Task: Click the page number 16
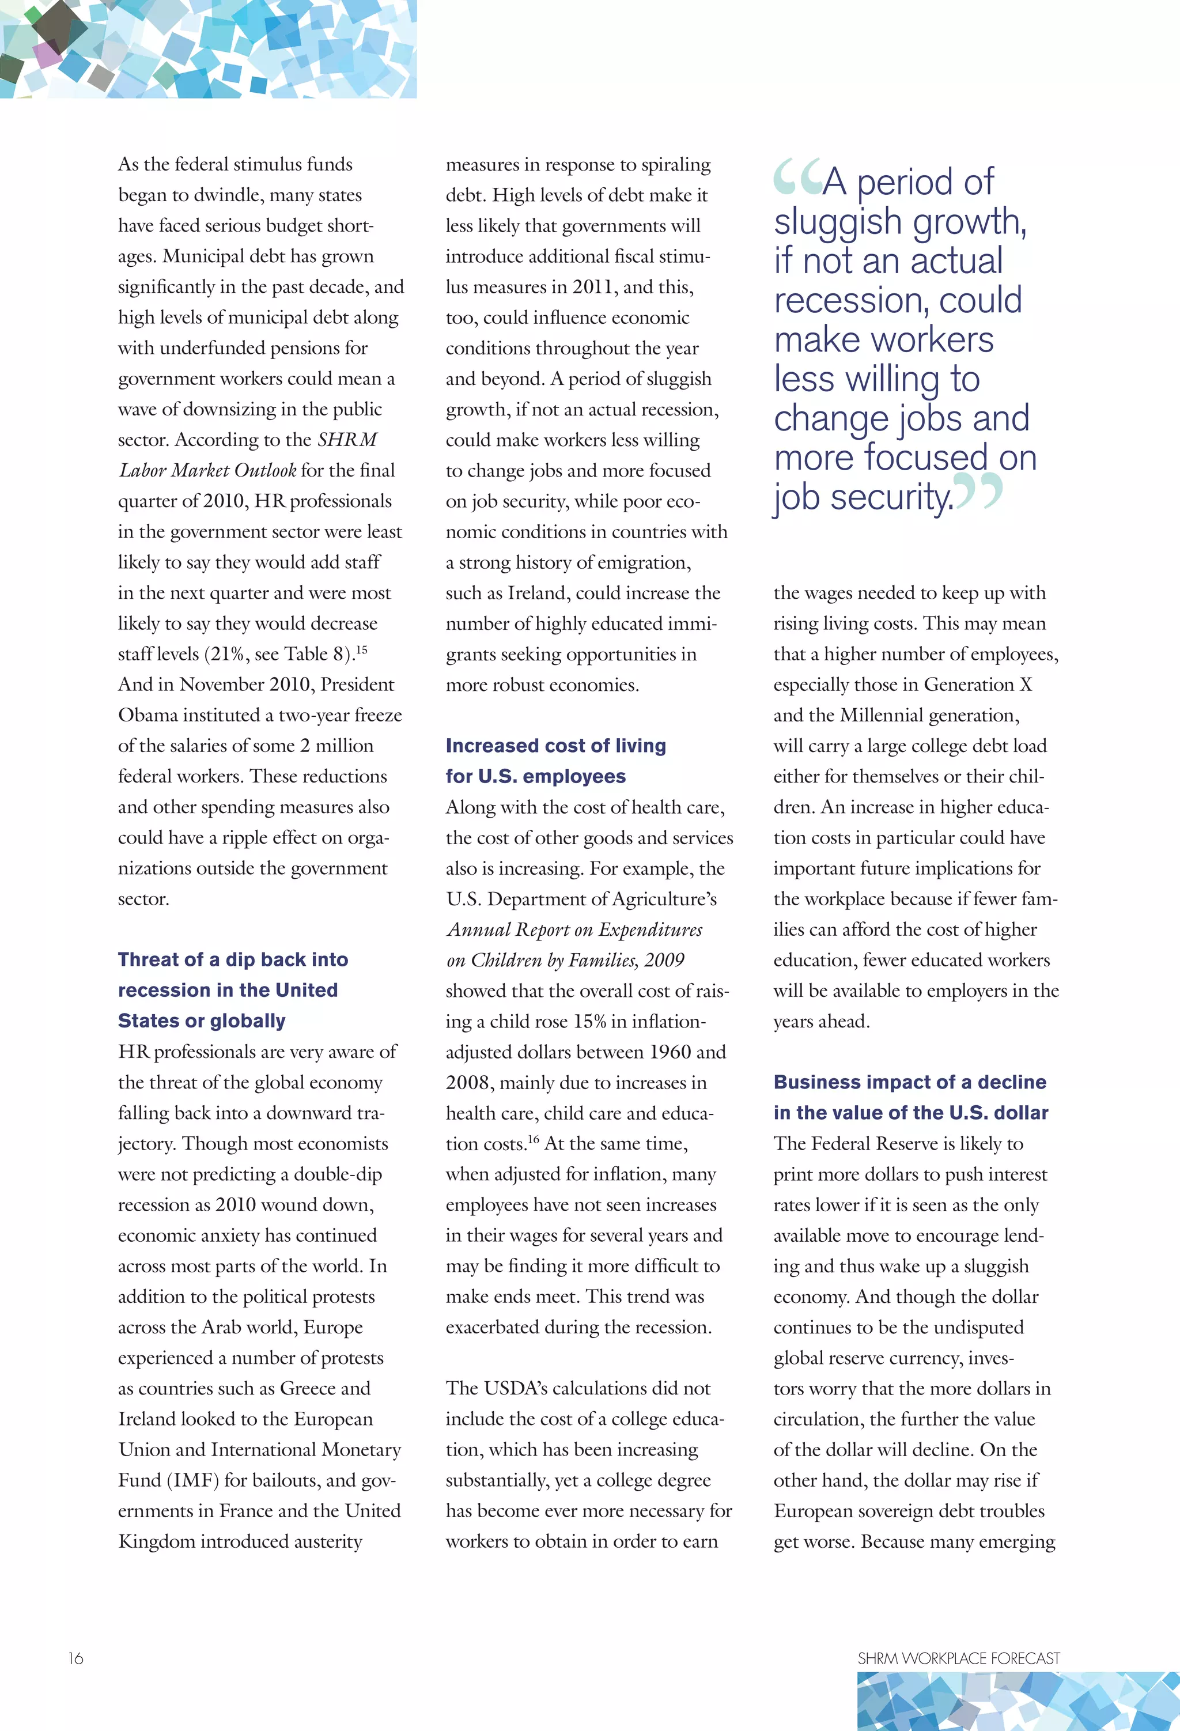pyautogui.click(x=75, y=1658)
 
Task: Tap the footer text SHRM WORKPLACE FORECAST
pyautogui.click(x=958, y=1658)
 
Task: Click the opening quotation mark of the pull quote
pyautogui.click(x=796, y=177)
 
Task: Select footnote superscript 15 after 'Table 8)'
pyautogui.click(x=361, y=649)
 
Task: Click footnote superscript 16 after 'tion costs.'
pyautogui.click(x=534, y=1139)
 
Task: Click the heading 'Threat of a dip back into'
pyautogui.click(x=232, y=959)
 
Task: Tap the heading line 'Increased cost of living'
pyautogui.click(x=556, y=746)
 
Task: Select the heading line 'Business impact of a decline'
pyautogui.click(x=910, y=1082)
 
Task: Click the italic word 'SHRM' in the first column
pyautogui.click(x=347, y=440)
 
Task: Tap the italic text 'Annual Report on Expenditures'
pyautogui.click(x=574, y=929)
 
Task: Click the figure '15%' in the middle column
pyautogui.click(x=589, y=1021)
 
